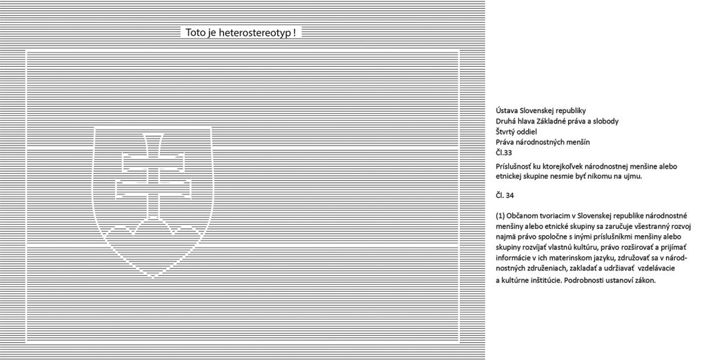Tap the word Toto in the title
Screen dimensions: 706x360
tap(196, 33)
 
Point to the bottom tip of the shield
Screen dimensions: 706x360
tap(153, 277)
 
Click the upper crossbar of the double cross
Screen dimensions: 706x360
tap(153, 161)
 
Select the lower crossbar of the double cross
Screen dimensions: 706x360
tap(153, 188)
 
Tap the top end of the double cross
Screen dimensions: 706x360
tap(153, 134)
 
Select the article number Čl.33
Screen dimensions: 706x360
tap(504, 152)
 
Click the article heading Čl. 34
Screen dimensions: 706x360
tap(505, 196)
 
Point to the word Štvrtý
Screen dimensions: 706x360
tap(505, 132)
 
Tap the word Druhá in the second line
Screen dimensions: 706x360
tap(505, 121)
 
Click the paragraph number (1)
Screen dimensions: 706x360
tap(500, 215)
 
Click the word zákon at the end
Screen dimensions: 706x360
tap(647, 280)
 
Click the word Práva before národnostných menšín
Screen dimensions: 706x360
tap(505, 142)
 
